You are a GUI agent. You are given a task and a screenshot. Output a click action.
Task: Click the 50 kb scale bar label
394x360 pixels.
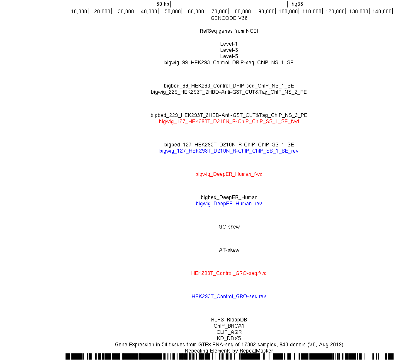[163, 4]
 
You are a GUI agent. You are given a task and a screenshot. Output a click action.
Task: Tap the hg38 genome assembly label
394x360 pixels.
[297, 4]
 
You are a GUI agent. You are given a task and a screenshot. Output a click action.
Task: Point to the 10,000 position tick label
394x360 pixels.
[79, 11]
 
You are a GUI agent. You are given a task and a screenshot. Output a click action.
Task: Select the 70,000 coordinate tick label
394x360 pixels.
[220, 11]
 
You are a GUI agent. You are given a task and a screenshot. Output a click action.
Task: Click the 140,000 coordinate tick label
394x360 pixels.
[382, 11]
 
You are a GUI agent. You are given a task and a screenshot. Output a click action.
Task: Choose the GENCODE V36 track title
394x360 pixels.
[229, 18]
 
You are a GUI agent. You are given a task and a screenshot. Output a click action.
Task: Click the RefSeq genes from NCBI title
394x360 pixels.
[229, 31]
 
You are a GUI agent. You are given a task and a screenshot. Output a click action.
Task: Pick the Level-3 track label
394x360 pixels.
[229, 50]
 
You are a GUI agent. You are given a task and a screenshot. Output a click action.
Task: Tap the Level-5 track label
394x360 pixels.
[229, 56]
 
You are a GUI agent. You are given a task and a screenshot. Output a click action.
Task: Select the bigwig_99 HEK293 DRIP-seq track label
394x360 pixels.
[229, 63]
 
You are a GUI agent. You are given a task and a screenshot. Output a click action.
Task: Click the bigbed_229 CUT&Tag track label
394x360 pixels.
[229, 115]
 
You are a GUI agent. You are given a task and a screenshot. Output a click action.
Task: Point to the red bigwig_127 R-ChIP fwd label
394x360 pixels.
[229, 122]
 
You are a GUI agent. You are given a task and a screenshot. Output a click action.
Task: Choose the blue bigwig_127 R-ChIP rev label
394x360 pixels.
[229, 151]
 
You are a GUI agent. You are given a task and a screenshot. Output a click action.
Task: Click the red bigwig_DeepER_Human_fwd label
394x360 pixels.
[229, 174]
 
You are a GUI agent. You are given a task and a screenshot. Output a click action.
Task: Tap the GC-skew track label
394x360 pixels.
[229, 226]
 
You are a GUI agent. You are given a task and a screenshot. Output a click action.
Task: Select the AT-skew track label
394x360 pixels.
[229, 250]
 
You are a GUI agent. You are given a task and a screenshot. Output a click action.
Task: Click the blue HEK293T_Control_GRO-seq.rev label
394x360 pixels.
[229, 297]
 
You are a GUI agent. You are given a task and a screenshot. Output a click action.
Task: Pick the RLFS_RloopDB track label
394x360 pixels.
[229, 319]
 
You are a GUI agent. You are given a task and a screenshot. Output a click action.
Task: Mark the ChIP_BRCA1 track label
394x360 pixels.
[229, 326]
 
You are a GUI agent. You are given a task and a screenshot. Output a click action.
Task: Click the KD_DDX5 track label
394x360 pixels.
[229, 338]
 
